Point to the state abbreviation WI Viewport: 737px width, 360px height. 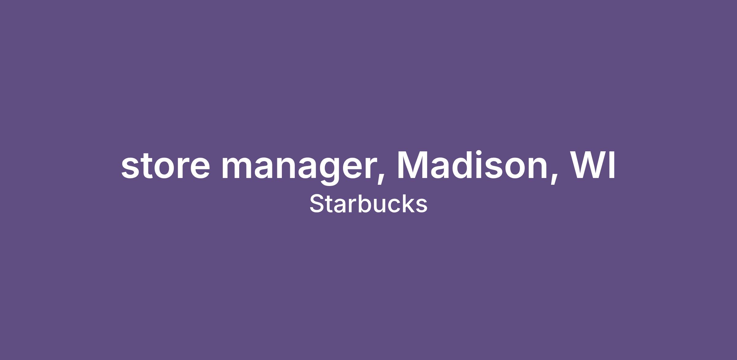tap(593, 165)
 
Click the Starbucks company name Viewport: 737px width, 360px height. tap(368, 203)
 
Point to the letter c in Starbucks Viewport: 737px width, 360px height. tap(392, 206)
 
